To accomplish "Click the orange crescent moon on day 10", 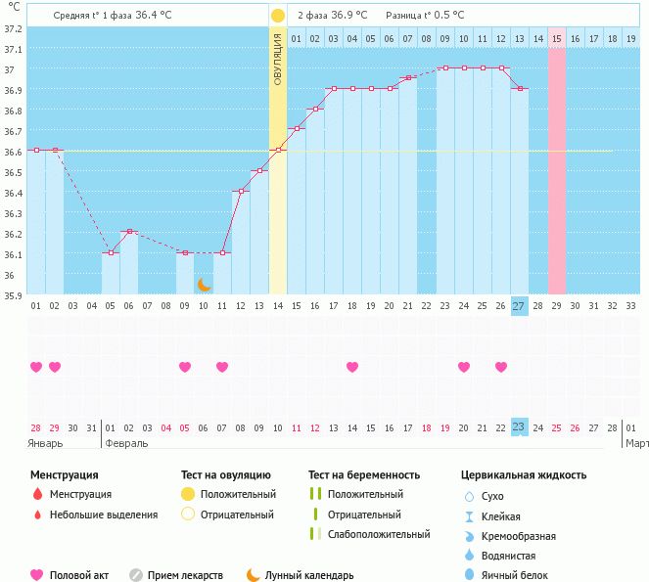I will pos(205,285).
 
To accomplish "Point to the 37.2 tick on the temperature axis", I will pos(13,28).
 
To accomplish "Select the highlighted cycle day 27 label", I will pos(519,306).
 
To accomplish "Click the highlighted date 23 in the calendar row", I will pos(519,427).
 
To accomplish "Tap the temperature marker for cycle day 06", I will pos(129,232).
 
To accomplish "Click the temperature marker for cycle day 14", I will pos(278,150).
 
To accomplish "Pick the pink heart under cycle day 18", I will pos(352,367).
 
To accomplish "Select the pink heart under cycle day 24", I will pos(463,367).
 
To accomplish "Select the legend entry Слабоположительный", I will pos(379,534).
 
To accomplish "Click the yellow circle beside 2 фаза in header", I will pos(278,16).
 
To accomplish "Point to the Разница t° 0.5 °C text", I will pos(425,16).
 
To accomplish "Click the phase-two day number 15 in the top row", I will pos(556,38).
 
